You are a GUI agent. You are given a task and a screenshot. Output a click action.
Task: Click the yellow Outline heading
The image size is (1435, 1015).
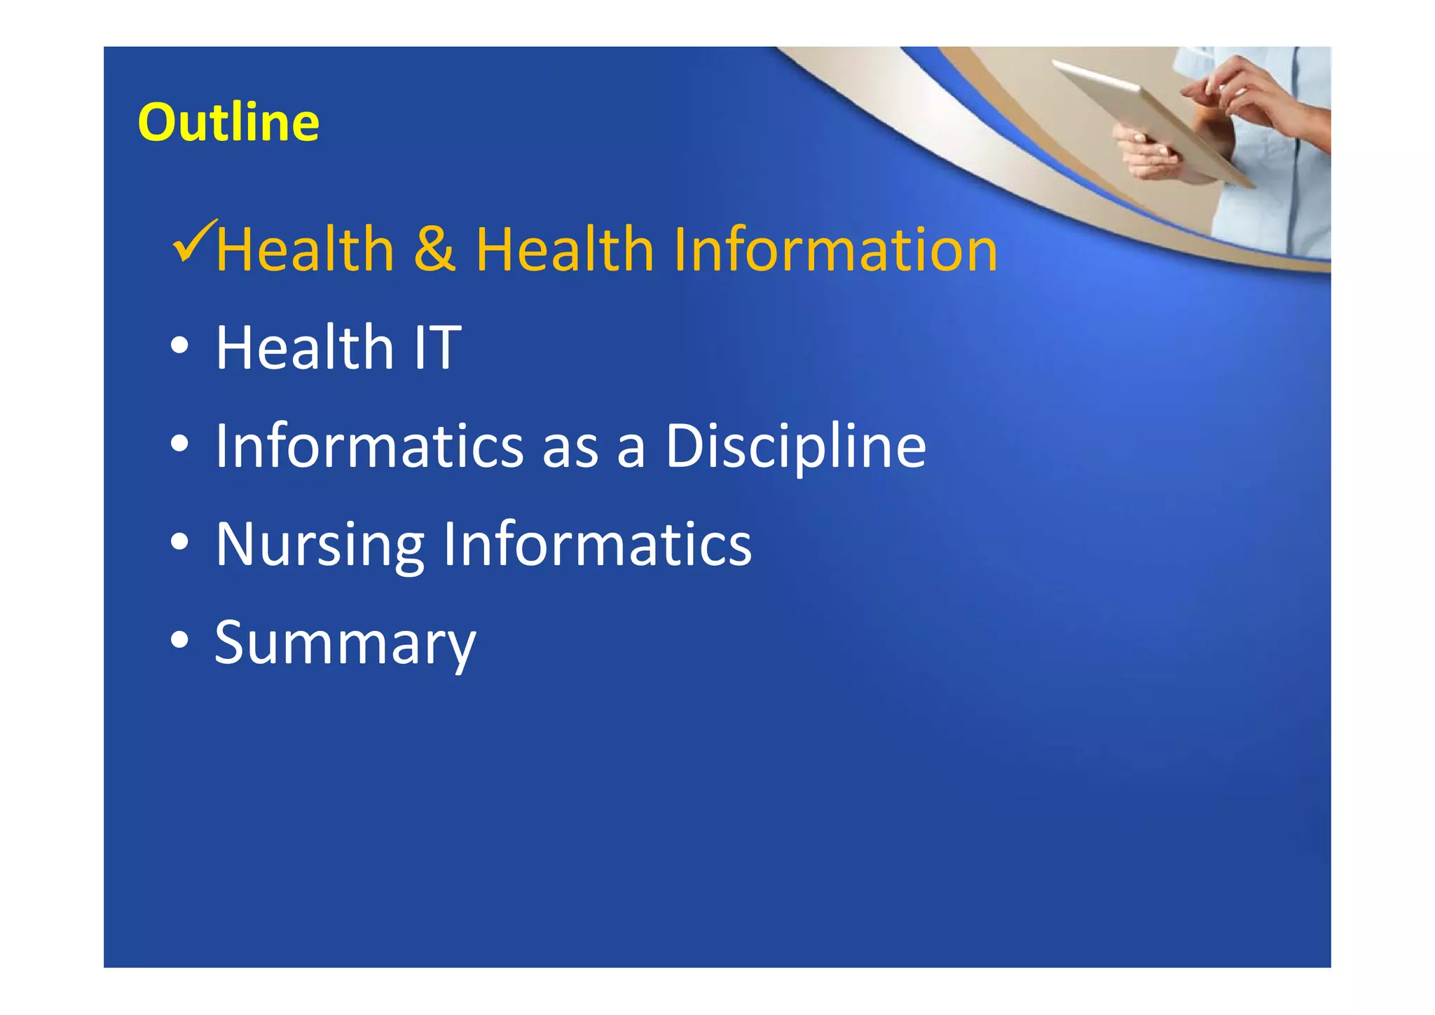(x=228, y=123)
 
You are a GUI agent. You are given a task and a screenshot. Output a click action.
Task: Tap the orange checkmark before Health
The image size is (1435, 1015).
(x=193, y=242)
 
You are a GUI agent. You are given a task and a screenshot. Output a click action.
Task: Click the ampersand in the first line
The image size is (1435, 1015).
(x=434, y=250)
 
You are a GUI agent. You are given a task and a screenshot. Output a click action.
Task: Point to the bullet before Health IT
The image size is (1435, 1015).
(x=180, y=346)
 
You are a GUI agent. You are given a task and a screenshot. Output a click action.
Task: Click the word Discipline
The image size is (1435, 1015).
(x=795, y=446)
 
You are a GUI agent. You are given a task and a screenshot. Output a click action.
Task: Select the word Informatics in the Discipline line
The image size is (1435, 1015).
(x=369, y=446)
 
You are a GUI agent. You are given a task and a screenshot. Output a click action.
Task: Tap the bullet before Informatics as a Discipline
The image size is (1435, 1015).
(x=180, y=444)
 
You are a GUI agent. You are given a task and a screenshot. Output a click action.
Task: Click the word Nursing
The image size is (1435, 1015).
(x=320, y=545)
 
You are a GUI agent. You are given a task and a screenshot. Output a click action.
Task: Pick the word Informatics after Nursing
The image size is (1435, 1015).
(x=598, y=544)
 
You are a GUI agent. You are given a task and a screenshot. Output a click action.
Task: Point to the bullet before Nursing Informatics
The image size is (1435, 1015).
(x=180, y=543)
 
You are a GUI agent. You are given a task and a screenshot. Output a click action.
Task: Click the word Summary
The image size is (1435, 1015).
(x=345, y=643)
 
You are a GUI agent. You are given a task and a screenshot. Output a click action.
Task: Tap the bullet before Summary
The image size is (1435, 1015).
(x=180, y=641)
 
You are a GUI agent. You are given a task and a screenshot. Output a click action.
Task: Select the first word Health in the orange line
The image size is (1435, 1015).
(x=305, y=250)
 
